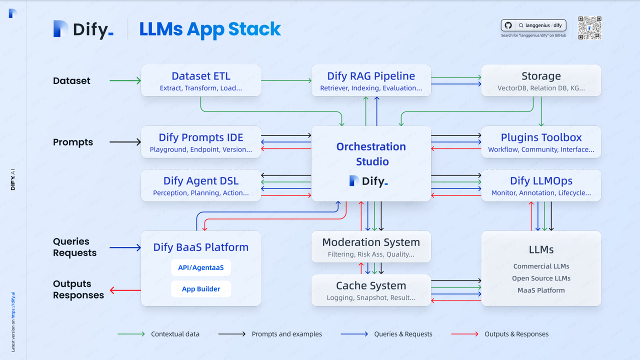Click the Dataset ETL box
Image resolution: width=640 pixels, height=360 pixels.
tap(201, 80)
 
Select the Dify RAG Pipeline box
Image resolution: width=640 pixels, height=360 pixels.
tap(371, 80)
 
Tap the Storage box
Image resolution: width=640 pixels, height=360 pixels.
tap(541, 80)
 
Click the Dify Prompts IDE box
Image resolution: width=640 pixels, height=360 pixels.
tap(201, 142)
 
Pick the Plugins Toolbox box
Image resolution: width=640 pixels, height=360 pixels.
tap(541, 142)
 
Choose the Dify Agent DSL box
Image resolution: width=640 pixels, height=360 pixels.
tap(201, 185)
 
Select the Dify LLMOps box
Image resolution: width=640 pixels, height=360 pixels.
tap(541, 185)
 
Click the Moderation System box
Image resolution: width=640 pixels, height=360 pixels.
tap(371, 247)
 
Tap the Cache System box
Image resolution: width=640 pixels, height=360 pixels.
tap(371, 290)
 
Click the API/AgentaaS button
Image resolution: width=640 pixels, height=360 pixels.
tap(201, 267)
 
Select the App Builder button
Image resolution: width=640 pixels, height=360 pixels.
tap(201, 289)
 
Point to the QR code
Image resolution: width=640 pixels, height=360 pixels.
tap(589, 28)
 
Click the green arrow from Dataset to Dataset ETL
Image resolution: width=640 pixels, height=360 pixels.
tap(125, 80)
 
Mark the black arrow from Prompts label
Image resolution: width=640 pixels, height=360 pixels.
tap(125, 142)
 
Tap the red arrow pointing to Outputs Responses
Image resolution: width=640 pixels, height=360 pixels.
tap(125, 290)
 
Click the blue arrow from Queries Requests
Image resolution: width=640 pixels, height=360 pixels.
tap(125, 247)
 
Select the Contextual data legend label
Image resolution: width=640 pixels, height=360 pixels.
tap(175, 334)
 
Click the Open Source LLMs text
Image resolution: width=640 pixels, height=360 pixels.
tap(541, 278)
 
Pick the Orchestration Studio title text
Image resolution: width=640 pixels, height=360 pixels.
tap(371, 154)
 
